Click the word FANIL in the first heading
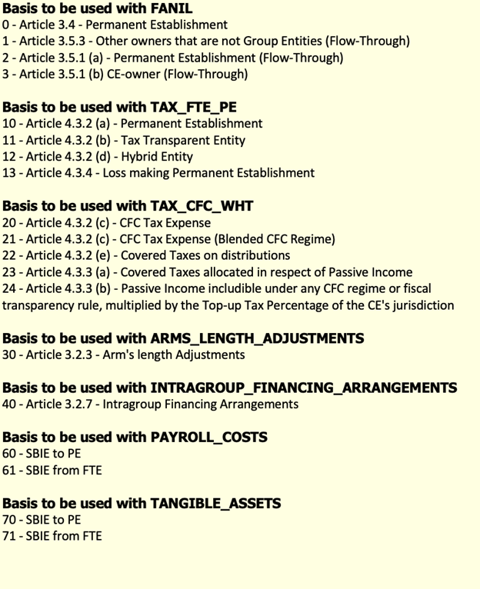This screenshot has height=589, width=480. pyautogui.click(x=168, y=8)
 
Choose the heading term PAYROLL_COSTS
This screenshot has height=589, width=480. pyautogui.click(x=210, y=437)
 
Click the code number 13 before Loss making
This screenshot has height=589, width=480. pyautogui.click(x=9, y=173)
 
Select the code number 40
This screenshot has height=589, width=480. pyautogui.click(x=10, y=404)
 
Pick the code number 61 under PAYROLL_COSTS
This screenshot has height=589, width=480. pyautogui.click(x=9, y=470)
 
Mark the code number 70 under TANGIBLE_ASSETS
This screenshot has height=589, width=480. pyautogui.click(x=10, y=519)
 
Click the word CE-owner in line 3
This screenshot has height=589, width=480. pyautogui.click(x=155, y=74)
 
